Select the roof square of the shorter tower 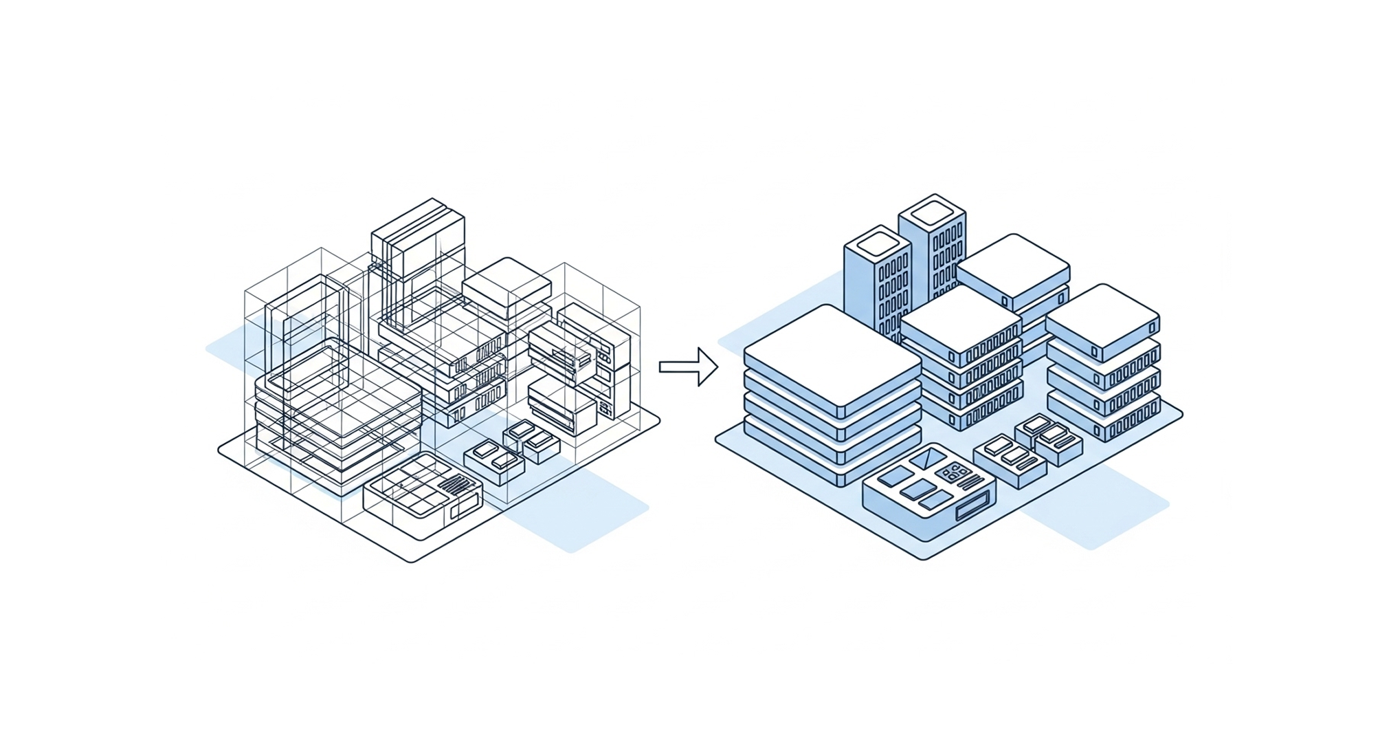point(878,243)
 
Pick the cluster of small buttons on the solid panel point(954,471)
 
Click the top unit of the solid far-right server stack point(1102,320)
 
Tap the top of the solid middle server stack point(960,318)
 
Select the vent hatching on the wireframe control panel point(456,484)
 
